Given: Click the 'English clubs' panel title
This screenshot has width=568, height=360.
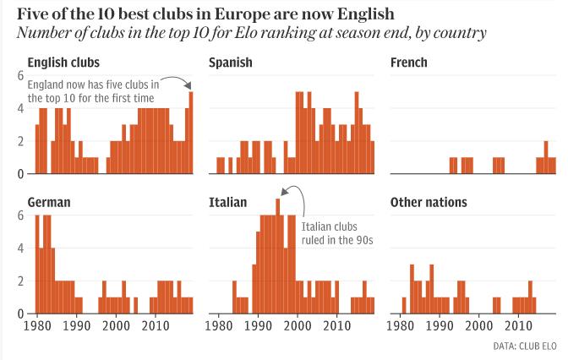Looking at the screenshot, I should (63, 63).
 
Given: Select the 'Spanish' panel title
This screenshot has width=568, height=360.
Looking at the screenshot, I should (231, 63).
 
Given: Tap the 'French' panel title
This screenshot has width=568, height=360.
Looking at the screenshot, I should (409, 63).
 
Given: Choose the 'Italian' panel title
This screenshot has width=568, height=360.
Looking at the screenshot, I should (227, 203).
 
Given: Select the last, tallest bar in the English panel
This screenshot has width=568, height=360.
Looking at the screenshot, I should (191, 132).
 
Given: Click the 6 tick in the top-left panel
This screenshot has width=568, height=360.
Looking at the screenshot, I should (20, 76).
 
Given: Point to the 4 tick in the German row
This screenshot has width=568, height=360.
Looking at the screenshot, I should (20, 248).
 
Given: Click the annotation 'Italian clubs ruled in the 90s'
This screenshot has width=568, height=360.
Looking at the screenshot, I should (337, 233).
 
